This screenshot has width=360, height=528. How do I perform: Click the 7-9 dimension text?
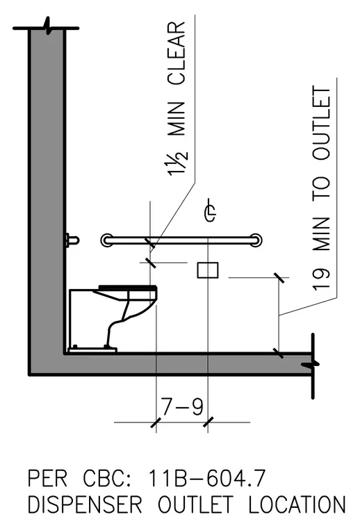coord(182,406)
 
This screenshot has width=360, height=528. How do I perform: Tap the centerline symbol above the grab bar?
coord(211,210)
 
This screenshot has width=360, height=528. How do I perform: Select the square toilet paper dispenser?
coord(208,270)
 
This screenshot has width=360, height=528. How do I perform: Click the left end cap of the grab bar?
coord(107,240)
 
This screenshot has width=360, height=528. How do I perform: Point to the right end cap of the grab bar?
coord(256,240)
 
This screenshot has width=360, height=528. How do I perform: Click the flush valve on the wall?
coord(72,240)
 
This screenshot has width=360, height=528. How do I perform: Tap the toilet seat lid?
coord(128,287)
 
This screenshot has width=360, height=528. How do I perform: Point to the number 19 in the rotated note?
coord(321,279)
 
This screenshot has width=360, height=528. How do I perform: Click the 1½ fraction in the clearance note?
coord(177,165)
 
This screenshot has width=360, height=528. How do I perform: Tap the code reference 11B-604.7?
coord(207,478)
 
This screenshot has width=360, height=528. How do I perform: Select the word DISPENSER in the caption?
coord(85,504)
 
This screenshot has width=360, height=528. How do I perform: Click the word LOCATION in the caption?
coord(297,504)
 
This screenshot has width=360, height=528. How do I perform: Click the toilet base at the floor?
coord(92,349)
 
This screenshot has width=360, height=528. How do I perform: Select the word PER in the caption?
coord(47,478)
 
